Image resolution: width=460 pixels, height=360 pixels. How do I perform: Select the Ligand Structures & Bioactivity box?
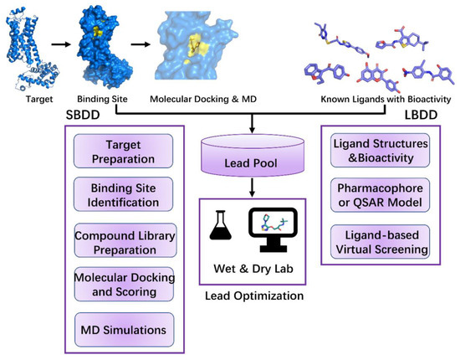(x=378, y=153)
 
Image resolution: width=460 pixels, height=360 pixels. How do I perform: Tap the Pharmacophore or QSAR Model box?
(x=378, y=198)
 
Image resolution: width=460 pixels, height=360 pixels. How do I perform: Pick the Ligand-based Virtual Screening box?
(x=378, y=241)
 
